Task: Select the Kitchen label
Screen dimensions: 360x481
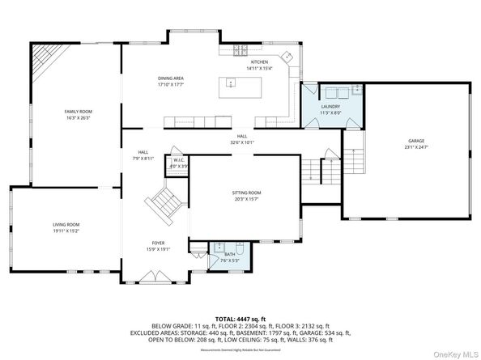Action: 259,62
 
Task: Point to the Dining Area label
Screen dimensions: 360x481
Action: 170,78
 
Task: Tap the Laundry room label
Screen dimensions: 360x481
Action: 330,106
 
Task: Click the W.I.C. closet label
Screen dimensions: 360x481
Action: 180,160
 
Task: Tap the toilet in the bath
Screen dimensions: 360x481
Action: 240,248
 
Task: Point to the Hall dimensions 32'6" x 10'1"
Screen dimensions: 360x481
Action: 241,142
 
